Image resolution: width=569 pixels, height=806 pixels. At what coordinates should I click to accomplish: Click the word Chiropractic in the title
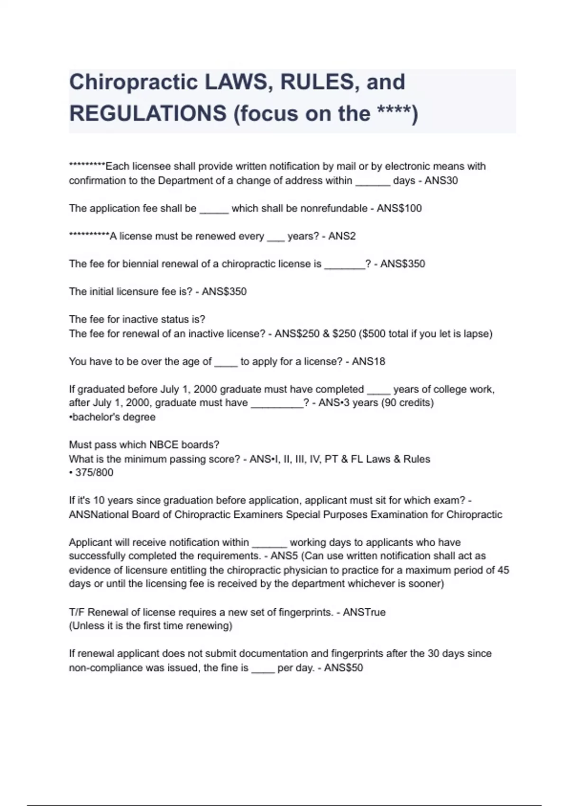coord(133,82)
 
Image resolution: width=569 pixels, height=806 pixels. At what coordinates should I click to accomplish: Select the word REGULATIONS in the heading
coord(148,114)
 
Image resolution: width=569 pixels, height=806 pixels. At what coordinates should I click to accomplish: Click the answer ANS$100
coord(399,209)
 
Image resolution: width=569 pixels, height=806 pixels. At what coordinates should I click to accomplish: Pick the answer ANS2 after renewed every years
coord(342,236)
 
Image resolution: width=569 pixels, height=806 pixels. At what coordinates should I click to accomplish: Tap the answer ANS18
coord(368,362)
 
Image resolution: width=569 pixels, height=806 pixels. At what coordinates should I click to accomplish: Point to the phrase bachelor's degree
coord(114,417)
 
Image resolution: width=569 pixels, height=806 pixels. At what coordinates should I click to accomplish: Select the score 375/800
coord(94,473)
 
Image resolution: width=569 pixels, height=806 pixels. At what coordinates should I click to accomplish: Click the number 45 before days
coord(503,570)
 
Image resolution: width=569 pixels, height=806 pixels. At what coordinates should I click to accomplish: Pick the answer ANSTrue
coord(364,612)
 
